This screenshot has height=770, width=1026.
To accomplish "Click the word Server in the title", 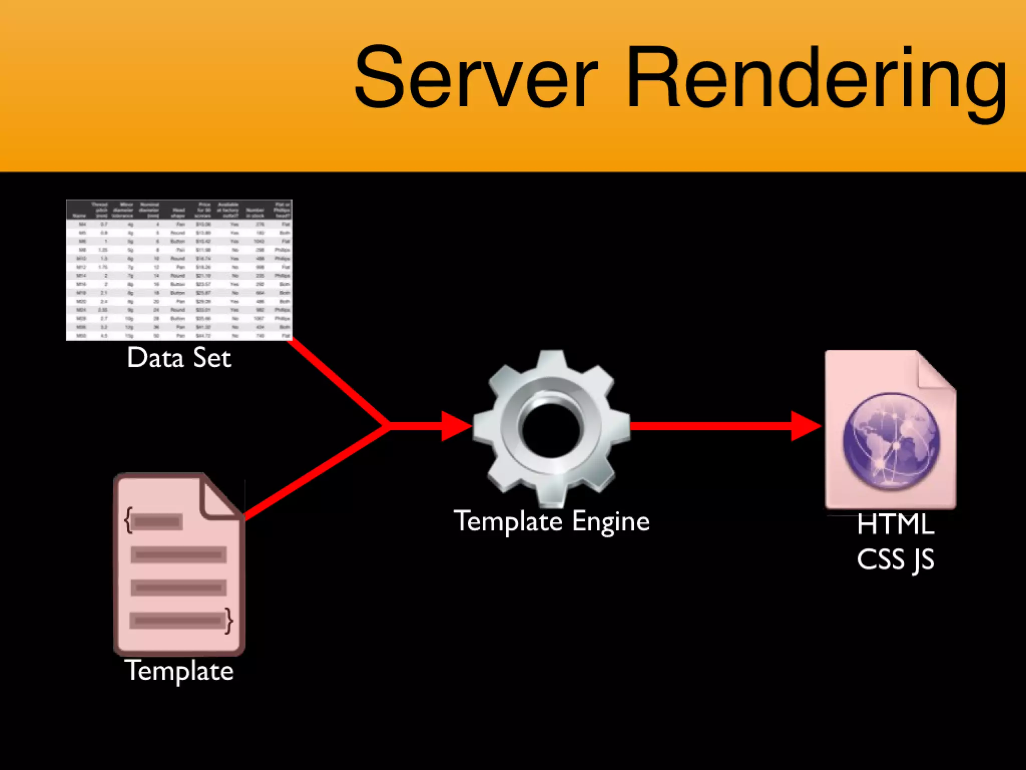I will (x=476, y=78).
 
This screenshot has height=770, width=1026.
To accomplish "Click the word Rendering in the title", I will (x=817, y=80).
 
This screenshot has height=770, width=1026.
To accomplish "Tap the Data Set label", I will (x=179, y=358).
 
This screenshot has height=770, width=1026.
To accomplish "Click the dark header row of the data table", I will (x=179, y=210).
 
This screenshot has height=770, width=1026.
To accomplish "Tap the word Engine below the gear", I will (x=611, y=522).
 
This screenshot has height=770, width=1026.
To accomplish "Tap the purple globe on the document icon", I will (x=891, y=441).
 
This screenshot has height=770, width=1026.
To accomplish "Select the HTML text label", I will (x=895, y=524).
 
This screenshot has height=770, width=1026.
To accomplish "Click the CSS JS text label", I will (x=895, y=559).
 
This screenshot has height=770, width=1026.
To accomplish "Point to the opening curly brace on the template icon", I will (x=129, y=520).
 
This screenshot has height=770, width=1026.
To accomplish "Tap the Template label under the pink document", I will (x=179, y=671).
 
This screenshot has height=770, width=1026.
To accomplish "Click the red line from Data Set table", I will (x=338, y=382).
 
